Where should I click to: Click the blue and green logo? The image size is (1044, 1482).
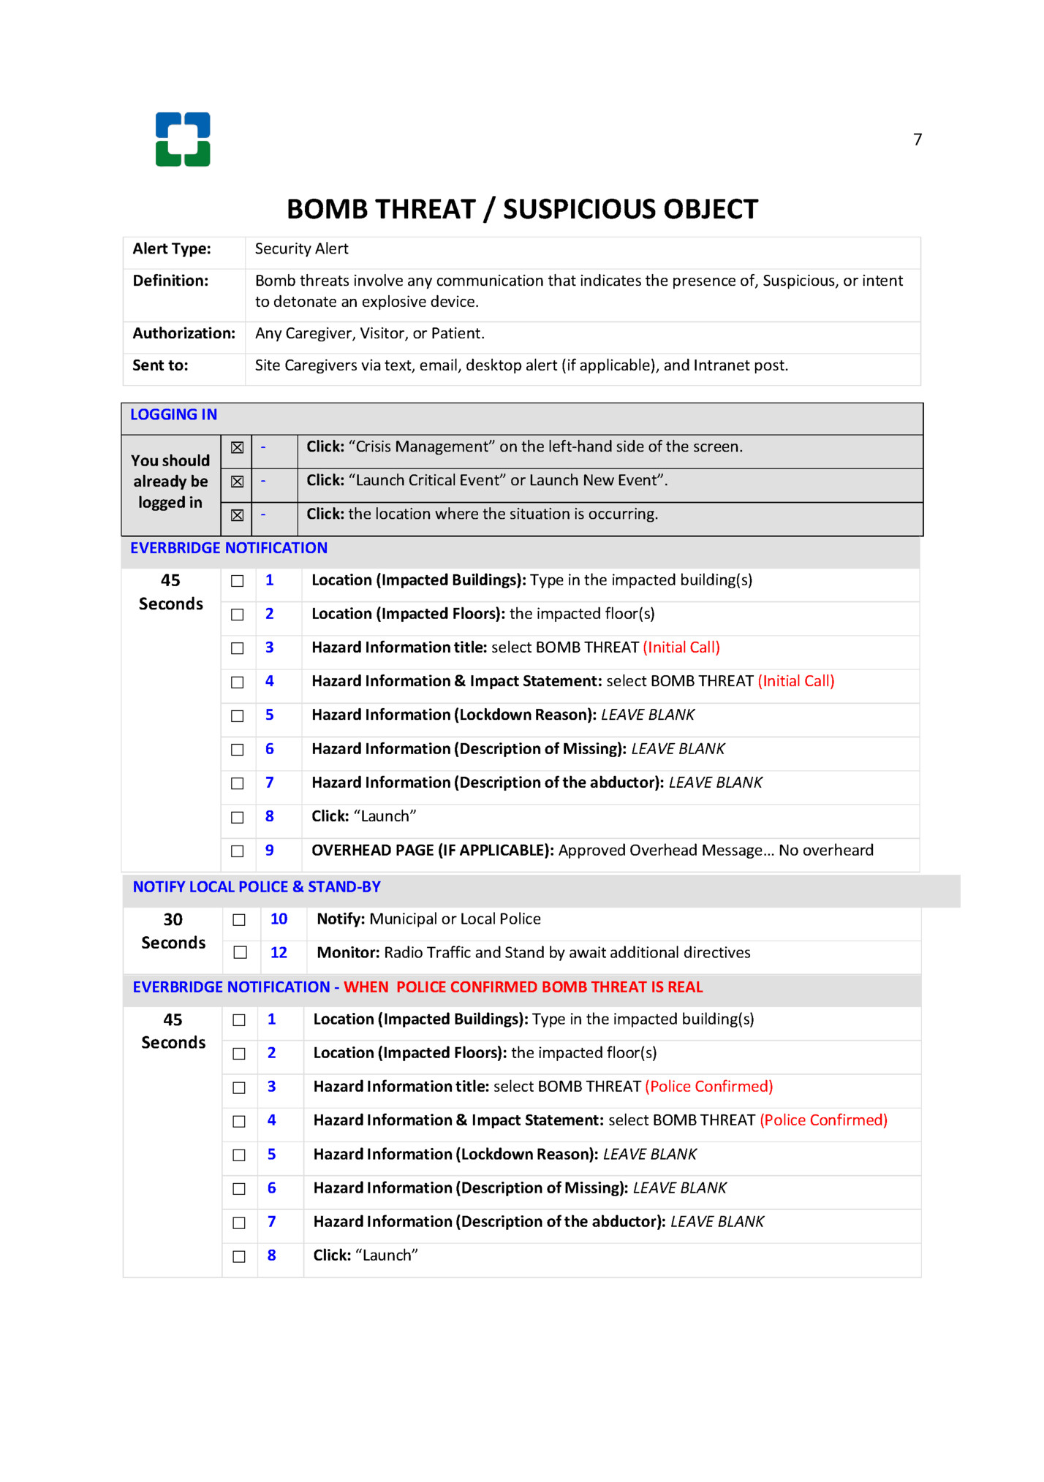(183, 140)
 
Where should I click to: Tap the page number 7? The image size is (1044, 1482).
(918, 140)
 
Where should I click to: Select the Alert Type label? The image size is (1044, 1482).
(172, 249)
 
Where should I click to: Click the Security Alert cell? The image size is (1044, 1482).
(301, 249)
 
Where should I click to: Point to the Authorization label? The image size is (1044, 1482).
(184, 334)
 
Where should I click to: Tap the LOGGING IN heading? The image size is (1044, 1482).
(173, 415)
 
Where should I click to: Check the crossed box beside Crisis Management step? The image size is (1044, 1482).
(238, 448)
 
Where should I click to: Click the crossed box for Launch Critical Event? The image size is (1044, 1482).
(238, 482)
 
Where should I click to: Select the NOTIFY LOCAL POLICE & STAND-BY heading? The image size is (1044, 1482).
(257, 887)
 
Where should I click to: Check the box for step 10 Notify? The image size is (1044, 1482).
(239, 920)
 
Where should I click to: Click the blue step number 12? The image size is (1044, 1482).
(279, 953)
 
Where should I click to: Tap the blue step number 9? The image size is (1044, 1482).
(270, 851)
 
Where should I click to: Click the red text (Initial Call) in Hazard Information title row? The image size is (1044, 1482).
(681, 647)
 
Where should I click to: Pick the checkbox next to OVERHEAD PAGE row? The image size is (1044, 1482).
(238, 851)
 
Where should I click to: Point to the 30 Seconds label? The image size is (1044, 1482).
(173, 932)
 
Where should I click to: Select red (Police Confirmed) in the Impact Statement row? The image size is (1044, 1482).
(823, 1120)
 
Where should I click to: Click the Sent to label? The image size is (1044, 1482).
(160, 366)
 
